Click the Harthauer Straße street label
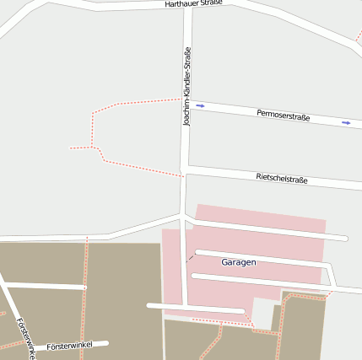[x=194, y=4]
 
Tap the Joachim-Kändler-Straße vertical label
[x=187, y=87]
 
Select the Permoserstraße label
[x=283, y=115]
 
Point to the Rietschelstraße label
[x=281, y=179]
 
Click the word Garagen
[x=238, y=262]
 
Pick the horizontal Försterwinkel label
[x=69, y=346]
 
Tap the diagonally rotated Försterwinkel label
[x=25, y=337]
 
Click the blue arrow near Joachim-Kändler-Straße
[x=200, y=105]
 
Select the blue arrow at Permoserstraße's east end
[x=346, y=123]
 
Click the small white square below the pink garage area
[x=263, y=314]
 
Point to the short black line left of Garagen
[x=191, y=257]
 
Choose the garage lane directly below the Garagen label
[x=253, y=279]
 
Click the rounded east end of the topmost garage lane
[x=344, y=239]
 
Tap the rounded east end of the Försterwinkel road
[x=107, y=342]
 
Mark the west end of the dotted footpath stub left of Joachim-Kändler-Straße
[x=70, y=148]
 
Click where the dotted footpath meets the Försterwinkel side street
[x=85, y=287]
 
